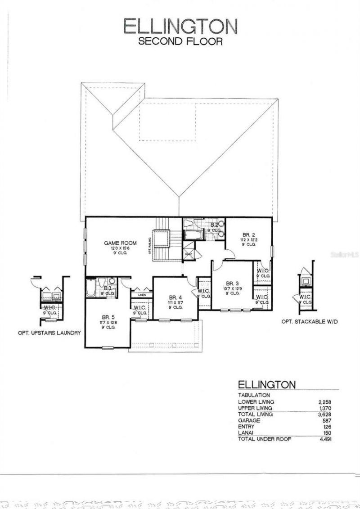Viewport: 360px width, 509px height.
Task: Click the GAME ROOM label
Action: click(x=120, y=243)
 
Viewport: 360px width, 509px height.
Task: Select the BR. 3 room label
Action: click(x=232, y=283)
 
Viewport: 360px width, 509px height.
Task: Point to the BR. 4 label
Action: click(x=175, y=297)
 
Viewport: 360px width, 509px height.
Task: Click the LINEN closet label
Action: click(x=142, y=295)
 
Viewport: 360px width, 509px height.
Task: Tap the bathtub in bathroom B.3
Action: click(x=90, y=288)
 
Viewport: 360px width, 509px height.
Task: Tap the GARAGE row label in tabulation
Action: click(x=250, y=420)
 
